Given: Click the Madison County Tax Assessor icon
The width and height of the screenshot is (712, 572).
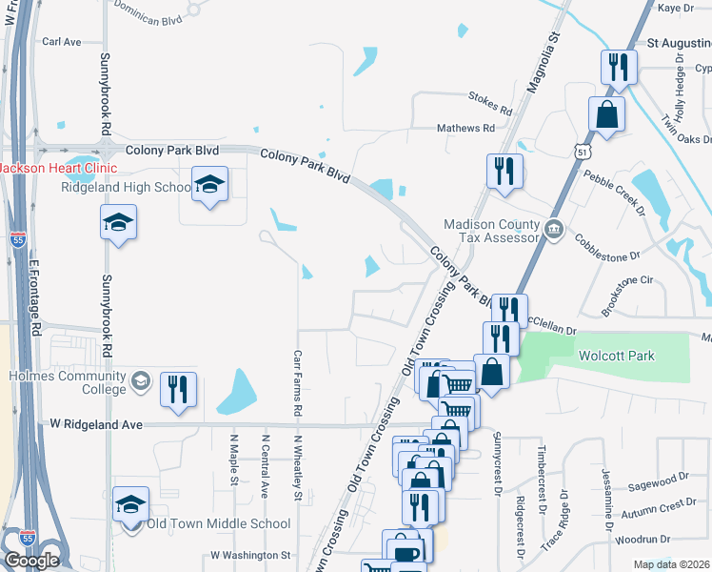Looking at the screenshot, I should pos(554,229).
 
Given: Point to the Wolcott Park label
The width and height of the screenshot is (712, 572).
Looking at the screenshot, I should pos(617,356).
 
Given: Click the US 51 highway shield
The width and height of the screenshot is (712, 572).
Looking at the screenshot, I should pos(582,151).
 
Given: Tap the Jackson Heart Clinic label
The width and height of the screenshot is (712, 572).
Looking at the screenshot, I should pos(59,169).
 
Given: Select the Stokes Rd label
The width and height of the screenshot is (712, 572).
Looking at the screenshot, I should pos(490,96).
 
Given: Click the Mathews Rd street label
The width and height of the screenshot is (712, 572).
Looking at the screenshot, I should pos(465,128).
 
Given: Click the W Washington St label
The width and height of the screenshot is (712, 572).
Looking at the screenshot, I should pos(250,555).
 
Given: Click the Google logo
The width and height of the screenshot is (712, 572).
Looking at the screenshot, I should pos(31,561).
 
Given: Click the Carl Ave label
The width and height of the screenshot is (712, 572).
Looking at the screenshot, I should pos(62,42).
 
